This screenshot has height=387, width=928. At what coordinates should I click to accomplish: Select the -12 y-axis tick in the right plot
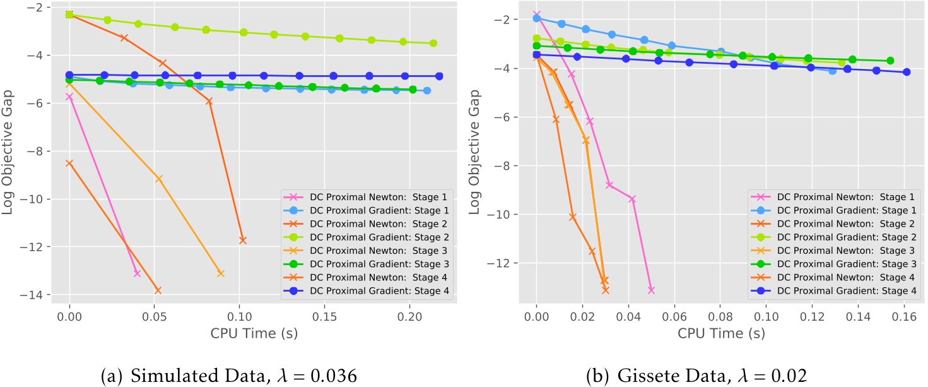point(500,263)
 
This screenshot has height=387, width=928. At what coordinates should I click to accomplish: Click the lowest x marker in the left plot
point(158,290)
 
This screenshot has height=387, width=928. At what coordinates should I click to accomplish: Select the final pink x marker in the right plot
point(651,290)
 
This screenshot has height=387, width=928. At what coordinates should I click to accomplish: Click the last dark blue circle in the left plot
point(439,76)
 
